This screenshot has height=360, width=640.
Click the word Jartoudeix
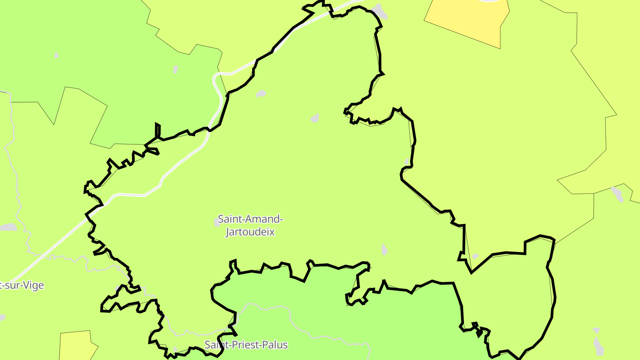(250, 232)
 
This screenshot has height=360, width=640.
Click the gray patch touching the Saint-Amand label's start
(216, 222)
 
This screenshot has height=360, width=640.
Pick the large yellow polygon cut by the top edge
(467, 20)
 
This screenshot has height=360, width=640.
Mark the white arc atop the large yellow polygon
(489, 1)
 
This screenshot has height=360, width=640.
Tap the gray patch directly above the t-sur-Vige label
(8, 227)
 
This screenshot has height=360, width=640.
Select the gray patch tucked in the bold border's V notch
(475, 256)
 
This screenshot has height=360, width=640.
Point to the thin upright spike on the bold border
(157, 131)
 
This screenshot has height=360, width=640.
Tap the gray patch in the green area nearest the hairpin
(176, 69)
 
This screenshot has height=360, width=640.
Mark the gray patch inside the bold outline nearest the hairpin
(261, 94)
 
